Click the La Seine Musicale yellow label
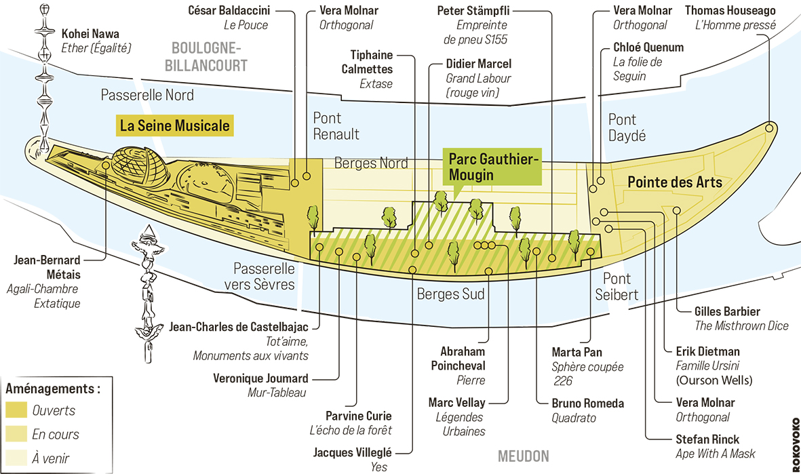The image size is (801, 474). point(174,126)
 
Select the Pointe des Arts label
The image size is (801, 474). point(674,182)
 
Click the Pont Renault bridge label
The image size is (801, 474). point(336,126)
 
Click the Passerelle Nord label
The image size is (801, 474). point(147,95)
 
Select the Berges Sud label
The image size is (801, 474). point(450,294)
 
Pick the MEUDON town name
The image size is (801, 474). point(523,456)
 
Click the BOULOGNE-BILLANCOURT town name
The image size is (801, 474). point(209,57)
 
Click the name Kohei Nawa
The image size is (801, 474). point(90,33)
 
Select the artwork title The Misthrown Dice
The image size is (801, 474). point(741,326)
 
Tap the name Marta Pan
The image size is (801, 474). point(577,352)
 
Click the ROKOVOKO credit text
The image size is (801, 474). point(795,444)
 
